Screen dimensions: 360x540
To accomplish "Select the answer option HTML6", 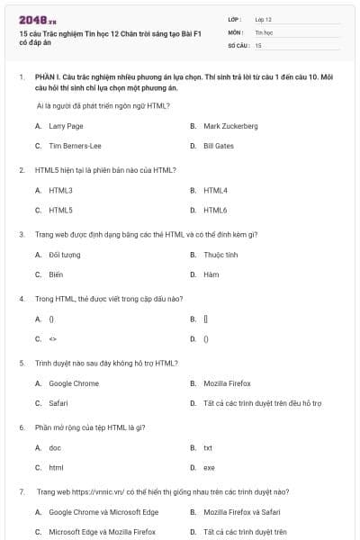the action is (x=216, y=210).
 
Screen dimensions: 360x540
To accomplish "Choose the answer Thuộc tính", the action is (x=220, y=255).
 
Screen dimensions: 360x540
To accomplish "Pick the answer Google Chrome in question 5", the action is (x=74, y=383).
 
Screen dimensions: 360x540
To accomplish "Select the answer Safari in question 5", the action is (x=58, y=403).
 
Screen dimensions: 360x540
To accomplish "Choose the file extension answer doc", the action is (x=55, y=447).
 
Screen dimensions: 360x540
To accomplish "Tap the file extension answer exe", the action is (x=210, y=467).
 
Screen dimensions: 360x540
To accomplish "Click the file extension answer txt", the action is (x=208, y=447).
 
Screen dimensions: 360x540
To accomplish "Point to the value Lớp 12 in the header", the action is (x=264, y=19).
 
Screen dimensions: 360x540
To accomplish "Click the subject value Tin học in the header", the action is (x=263, y=31).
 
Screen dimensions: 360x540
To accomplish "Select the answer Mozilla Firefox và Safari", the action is (x=244, y=512).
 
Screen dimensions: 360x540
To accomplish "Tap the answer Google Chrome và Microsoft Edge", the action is (x=91, y=512).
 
